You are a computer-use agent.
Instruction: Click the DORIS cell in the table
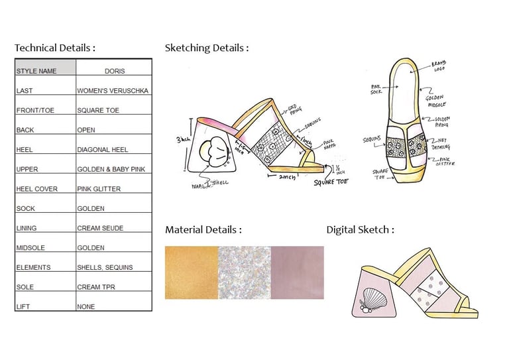click(114, 70)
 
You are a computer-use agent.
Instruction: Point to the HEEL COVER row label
click(36, 189)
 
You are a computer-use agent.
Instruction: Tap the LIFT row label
click(23, 307)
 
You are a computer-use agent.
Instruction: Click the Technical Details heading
click(55, 48)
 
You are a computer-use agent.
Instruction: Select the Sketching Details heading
click(207, 48)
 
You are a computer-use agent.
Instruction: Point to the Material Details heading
click(203, 230)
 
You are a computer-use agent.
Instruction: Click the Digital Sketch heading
click(360, 230)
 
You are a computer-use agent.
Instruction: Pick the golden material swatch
click(191, 272)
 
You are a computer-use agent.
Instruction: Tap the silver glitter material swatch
click(244, 272)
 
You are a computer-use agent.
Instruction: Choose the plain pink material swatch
click(297, 272)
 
